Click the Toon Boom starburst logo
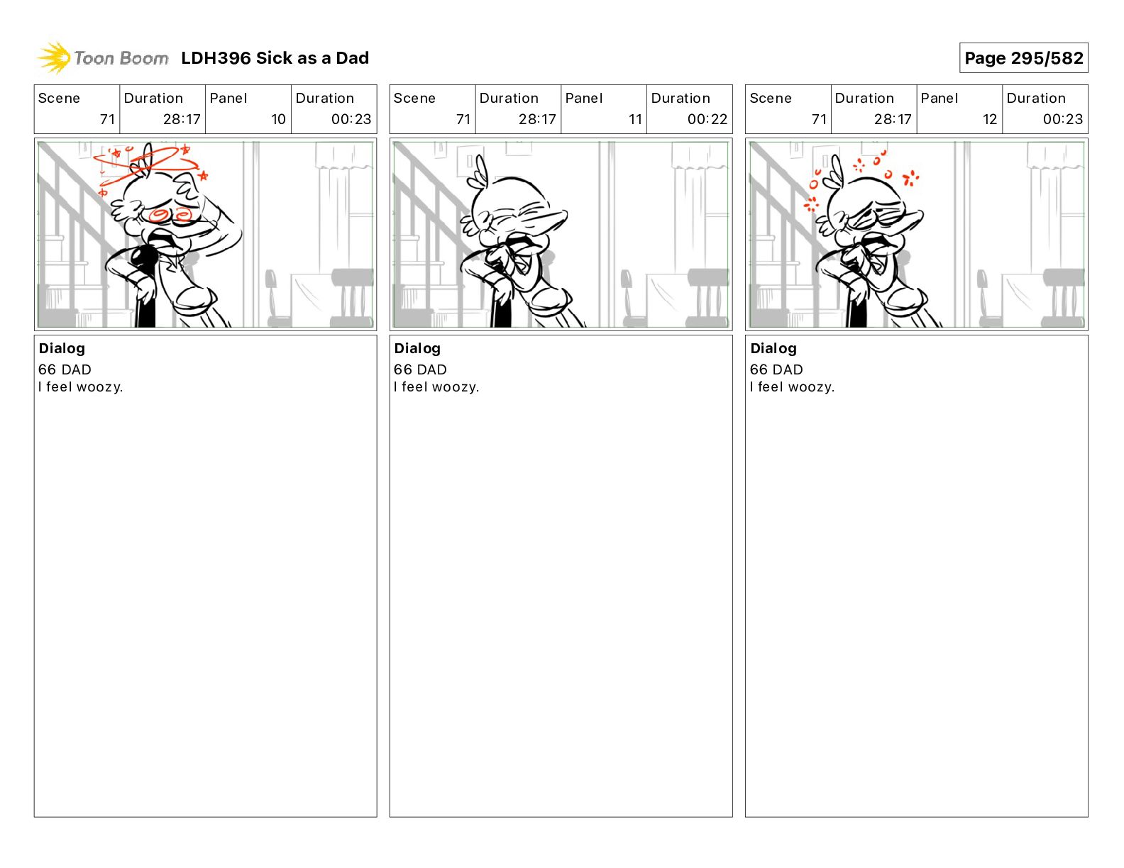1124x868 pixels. coord(54,58)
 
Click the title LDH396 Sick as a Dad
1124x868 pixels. coord(275,58)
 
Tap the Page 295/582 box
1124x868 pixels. coord(1023,58)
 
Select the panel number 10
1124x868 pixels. coord(278,119)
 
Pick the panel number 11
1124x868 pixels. coord(634,119)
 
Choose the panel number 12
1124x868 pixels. coord(989,119)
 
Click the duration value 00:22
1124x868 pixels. coord(707,119)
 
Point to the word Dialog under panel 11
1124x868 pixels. coord(417,349)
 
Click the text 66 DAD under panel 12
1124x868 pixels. coord(776,369)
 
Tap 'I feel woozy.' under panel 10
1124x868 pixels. coord(80,387)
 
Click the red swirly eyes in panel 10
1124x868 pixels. coord(170,215)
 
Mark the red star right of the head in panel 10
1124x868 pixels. coord(203,176)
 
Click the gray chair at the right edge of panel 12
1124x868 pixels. coord(1063,297)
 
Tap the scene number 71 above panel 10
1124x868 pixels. coord(107,119)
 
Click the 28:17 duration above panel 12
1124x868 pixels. coord(892,119)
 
